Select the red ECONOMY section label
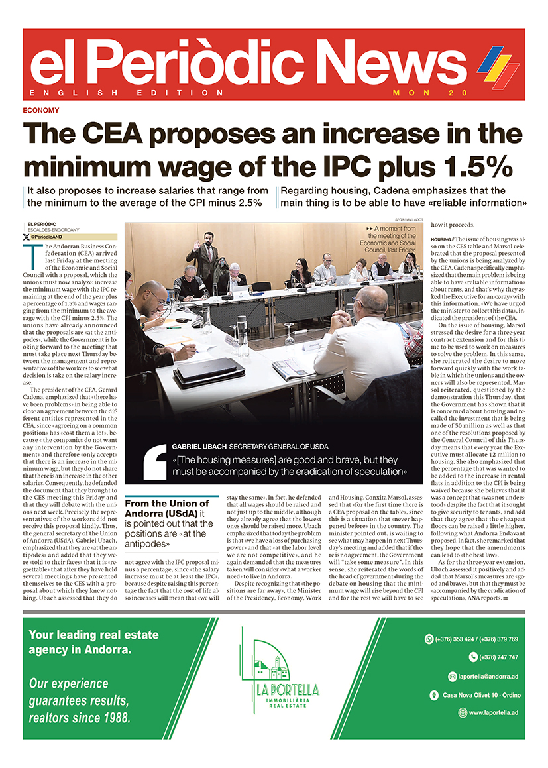40,111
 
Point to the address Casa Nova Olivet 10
477,695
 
